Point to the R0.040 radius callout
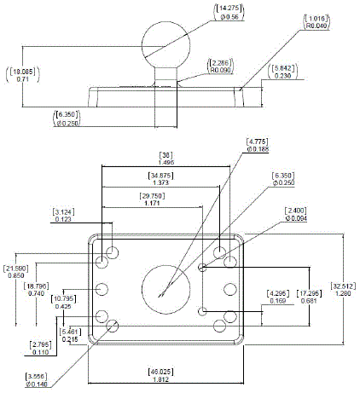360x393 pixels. click(315, 21)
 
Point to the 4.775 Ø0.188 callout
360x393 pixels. click(258, 144)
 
